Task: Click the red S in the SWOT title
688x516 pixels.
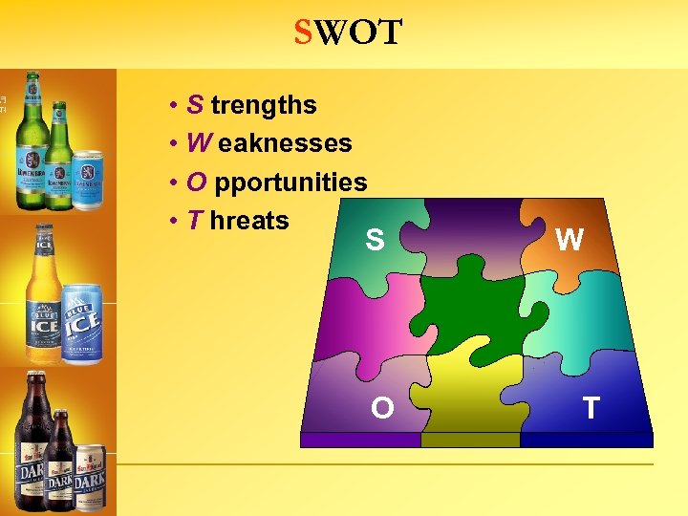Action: tap(304, 33)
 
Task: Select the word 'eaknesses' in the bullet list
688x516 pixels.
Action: tap(285, 144)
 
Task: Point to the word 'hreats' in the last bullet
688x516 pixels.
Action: tap(249, 221)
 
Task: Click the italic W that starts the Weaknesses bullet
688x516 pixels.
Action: tap(200, 144)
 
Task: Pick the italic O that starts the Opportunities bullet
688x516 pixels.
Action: tap(198, 183)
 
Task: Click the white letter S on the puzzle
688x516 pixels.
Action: tap(375, 240)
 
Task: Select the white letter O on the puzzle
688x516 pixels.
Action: tap(382, 408)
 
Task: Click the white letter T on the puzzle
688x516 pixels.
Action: tap(591, 408)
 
